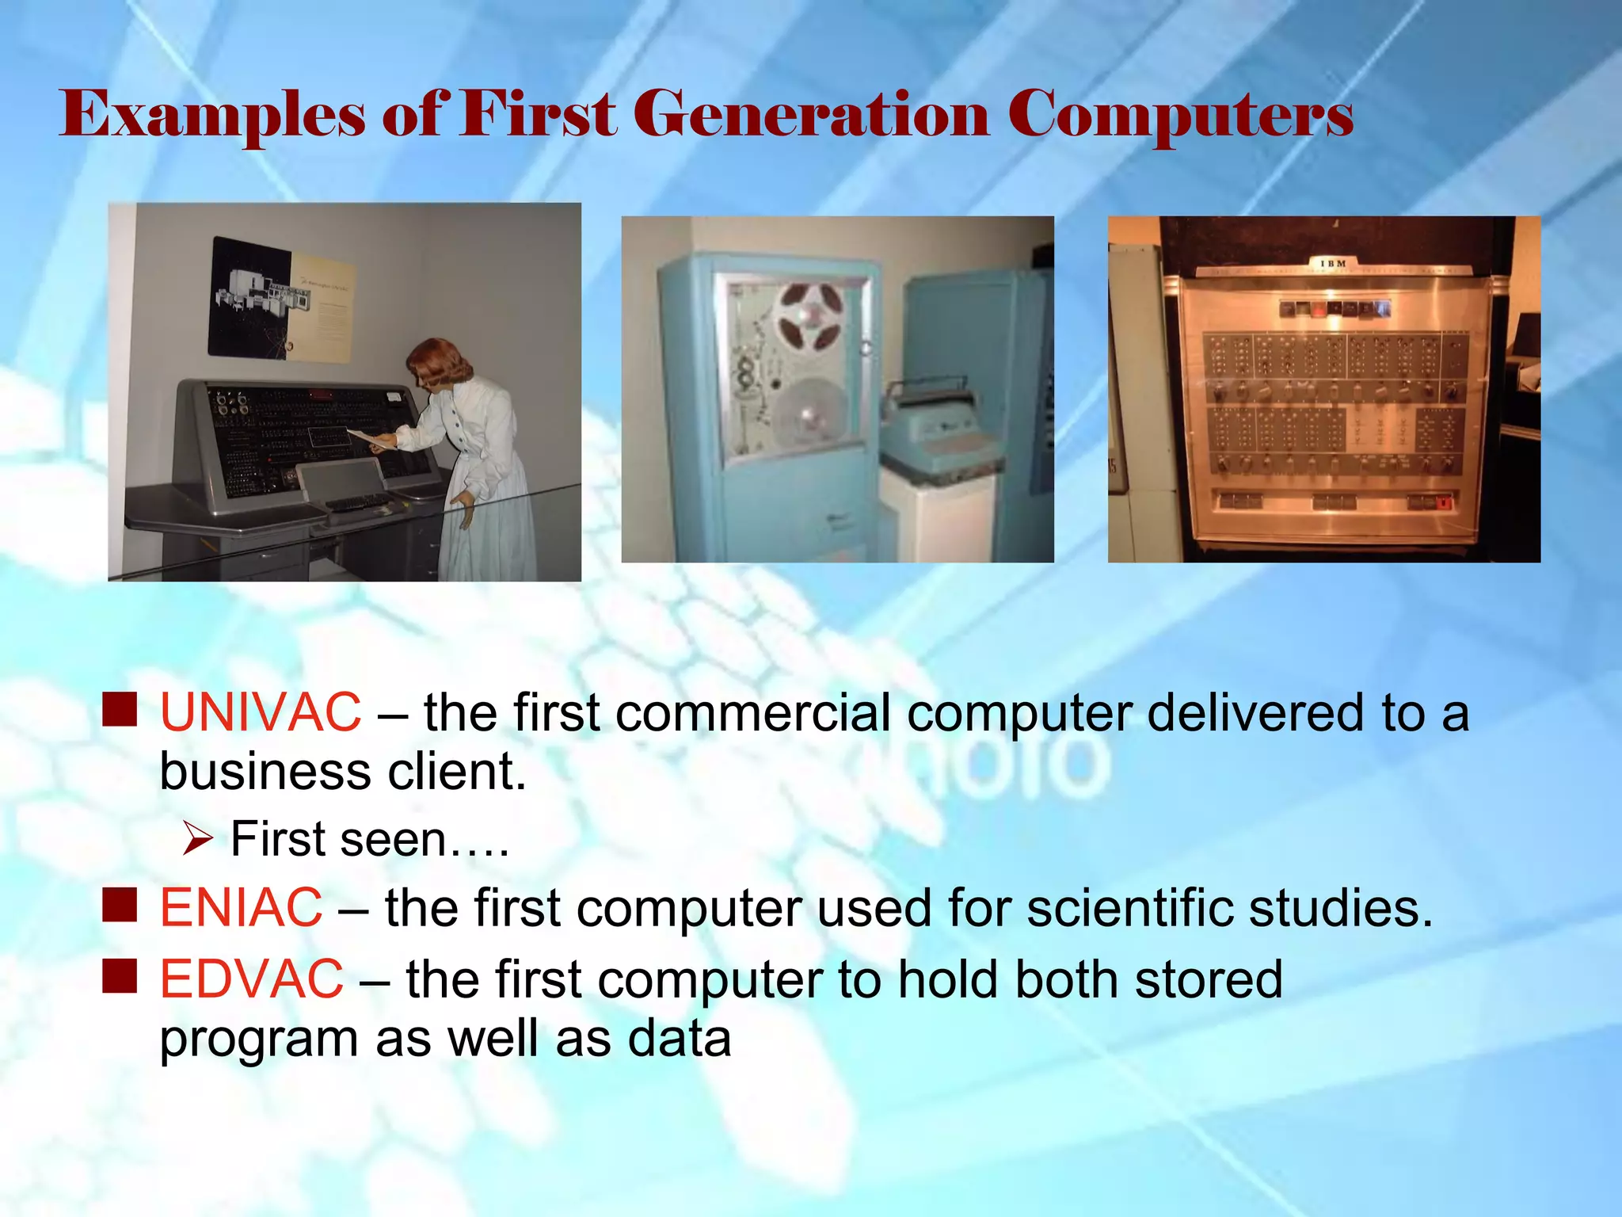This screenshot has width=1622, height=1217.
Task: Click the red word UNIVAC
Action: [x=260, y=712]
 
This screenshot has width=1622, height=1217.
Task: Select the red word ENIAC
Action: [x=241, y=907]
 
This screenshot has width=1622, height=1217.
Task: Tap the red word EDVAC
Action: [x=251, y=979]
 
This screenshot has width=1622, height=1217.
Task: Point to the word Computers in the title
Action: [x=1180, y=115]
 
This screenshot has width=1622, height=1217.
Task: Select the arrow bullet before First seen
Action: [x=196, y=838]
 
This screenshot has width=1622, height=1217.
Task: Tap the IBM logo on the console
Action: [x=1333, y=263]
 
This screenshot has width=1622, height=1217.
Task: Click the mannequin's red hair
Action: [x=438, y=358]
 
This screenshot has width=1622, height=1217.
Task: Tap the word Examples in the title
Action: [x=212, y=115]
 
